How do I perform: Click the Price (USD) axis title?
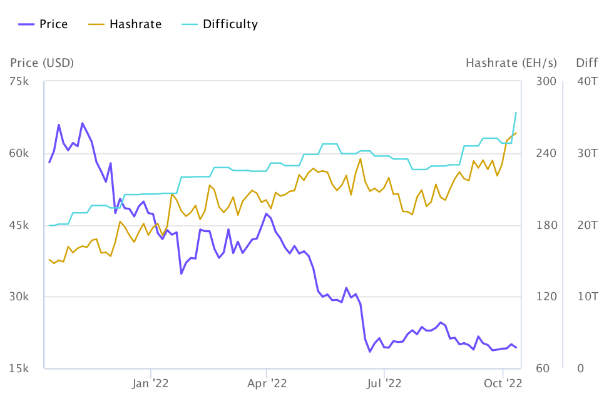[x=42, y=63]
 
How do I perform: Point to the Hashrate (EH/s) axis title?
[x=511, y=63]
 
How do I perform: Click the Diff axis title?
[x=587, y=63]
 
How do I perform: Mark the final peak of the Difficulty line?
[x=516, y=113]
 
